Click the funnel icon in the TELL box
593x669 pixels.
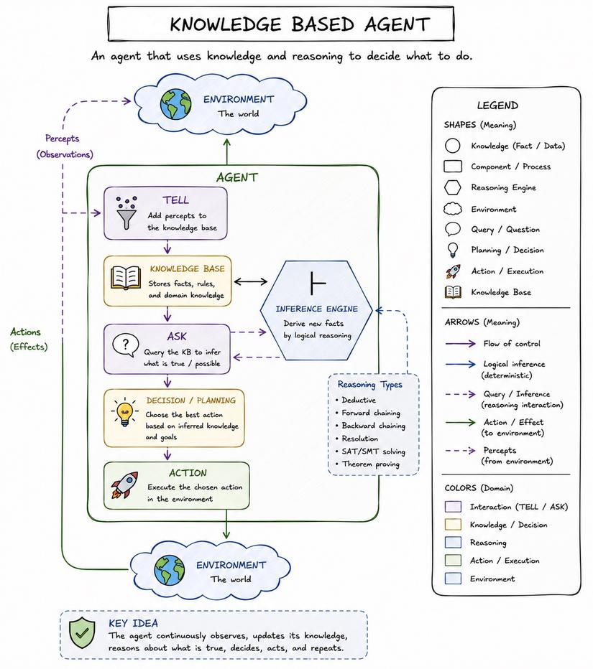coord(127,213)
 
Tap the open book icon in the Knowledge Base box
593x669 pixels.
coord(126,279)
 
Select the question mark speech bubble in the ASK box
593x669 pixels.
coord(126,345)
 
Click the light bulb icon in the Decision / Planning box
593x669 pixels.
coord(125,413)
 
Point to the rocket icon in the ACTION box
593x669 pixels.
coord(125,485)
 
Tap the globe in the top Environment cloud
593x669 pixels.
coord(175,104)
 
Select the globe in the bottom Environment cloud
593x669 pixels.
coord(170,570)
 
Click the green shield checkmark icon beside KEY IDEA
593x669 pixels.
coord(83,634)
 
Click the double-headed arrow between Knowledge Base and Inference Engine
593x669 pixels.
coord(251,281)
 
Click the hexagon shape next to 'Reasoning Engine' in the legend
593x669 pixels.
coord(452,187)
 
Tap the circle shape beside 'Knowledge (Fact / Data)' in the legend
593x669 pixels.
coord(452,146)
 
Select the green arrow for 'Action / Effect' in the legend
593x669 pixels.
coord(460,422)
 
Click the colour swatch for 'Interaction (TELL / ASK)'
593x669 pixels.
coord(453,507)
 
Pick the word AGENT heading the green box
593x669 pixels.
coord(237,177)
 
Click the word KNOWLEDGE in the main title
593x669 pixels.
coord(225,24)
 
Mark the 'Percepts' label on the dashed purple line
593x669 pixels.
coord(63,139)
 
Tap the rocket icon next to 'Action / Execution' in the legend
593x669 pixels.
coord(453,271)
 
